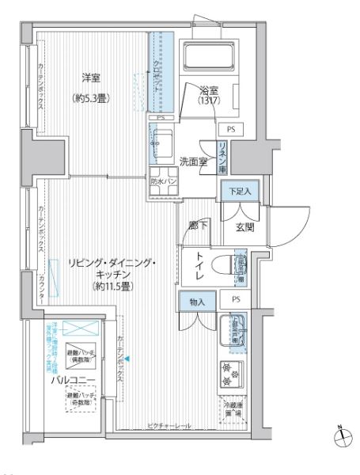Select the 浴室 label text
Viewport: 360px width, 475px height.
click(209, 92)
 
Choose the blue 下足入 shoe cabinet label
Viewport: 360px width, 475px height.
click(240, 192)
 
